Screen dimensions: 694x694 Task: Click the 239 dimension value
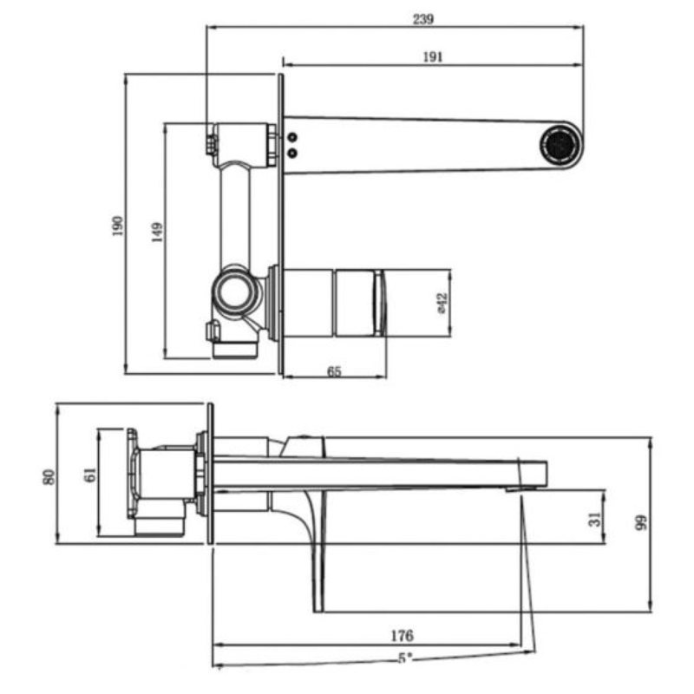point(423,19)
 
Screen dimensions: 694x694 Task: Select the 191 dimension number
point(433,57)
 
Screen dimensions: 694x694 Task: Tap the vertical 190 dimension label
point(119,226)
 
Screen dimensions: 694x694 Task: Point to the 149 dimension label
point(157,232)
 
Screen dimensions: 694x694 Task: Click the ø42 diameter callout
point(441,303)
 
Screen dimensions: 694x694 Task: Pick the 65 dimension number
point(335,371)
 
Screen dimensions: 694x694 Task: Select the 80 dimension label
point(49,476)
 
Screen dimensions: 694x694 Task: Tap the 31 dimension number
point(594,518)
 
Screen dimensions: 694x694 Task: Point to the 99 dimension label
point(641,522)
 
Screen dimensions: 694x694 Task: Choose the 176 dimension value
point(403,636)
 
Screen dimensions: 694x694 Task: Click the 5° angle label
point(405,658)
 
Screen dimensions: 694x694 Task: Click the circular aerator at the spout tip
point(561,141)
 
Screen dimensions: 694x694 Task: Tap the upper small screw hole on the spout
point(291,137)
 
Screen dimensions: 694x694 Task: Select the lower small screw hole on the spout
point(291,154)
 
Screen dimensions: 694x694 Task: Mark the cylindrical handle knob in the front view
point(334,303)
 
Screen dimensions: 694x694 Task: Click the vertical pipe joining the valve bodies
point(234,213)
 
